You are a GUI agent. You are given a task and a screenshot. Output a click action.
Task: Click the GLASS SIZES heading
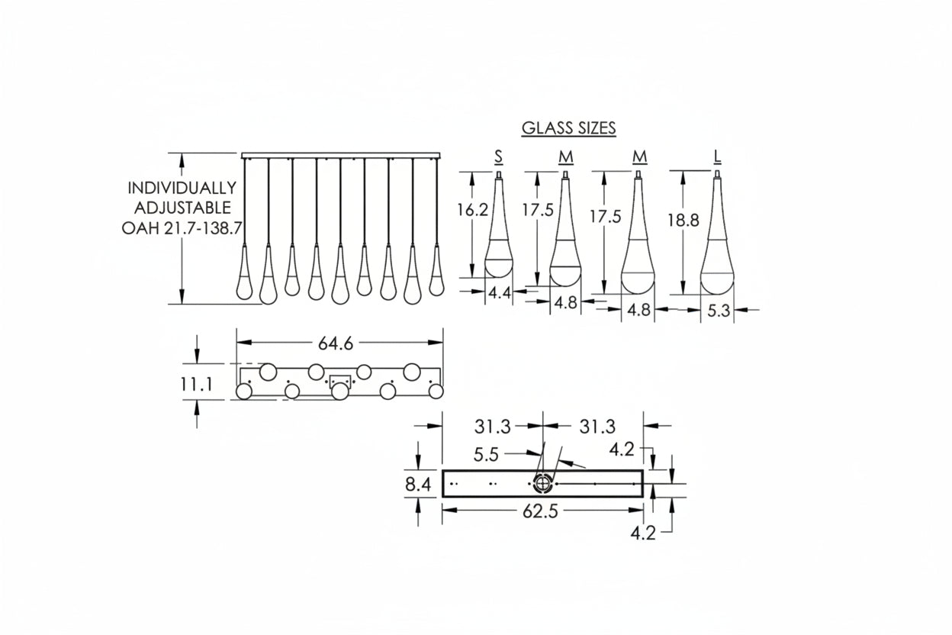pos(568,128)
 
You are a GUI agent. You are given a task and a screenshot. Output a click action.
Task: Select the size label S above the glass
pos(498,157)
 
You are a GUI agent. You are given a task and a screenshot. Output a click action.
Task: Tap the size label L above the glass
pos(718,157)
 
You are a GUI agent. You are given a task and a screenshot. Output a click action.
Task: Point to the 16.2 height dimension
pos(472,211)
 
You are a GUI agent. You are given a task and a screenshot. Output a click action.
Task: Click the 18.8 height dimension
pos(683,221)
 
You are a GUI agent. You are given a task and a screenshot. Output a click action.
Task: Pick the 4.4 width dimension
pos(499,292)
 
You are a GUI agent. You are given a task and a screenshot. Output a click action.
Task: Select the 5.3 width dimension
pos(717,311)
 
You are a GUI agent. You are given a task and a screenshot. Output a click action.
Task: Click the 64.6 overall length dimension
pos(336,344)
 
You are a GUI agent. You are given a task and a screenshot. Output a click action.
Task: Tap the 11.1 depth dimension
pos(197,385)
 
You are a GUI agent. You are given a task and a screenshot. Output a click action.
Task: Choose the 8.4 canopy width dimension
pos(418,483)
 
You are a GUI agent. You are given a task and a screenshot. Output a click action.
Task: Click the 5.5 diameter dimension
pos(486,455)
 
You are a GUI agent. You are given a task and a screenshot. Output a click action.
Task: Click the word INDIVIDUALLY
pos(182,188)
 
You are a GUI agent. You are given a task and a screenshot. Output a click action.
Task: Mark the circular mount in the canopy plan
pos(542,484)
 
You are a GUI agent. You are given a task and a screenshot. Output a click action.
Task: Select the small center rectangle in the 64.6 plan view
pos(340,381)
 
